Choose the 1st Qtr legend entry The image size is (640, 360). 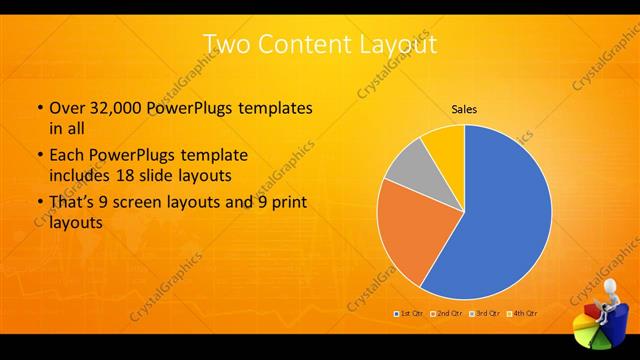(x=410, y=314)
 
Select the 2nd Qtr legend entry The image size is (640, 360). (x=447, y=314)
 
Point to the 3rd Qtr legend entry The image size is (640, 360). (x=485, y=314)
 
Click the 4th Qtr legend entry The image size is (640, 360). (x=523, y=314)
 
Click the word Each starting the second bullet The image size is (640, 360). (x=66, y=156)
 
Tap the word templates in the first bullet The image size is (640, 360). (x=276, y=107)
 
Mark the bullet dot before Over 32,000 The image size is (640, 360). (x=39, y=108)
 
